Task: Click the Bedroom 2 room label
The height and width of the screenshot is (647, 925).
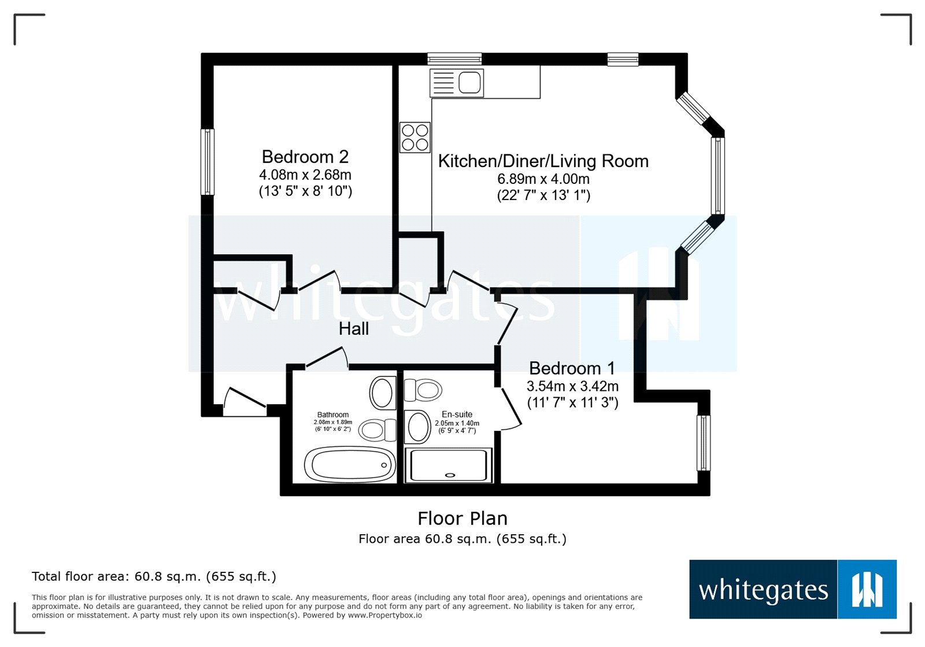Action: click(x=305, y=157)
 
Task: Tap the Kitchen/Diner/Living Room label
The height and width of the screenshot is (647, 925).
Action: click(x=543, y=161)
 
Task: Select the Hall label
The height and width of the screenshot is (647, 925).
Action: click(x=353, y=329)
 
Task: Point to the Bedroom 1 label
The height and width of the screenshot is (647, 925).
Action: click(x=572, y=368)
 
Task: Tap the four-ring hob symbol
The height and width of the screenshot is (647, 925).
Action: click(x=415, y=138)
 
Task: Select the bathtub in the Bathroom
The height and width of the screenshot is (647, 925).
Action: click(x=350, y=464)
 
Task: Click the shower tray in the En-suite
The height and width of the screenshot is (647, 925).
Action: click(x=449, y=465)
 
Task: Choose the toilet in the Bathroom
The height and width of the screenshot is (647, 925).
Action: click(x=377, y=430)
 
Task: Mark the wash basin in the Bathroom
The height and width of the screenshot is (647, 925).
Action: click(x=382, y=393)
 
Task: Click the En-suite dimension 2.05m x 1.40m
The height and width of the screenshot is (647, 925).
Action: click(x=457, y=423)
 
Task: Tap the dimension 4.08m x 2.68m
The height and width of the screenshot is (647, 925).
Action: click(x=305, y=175)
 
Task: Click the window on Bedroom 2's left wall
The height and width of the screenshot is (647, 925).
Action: click(x=208, y=162)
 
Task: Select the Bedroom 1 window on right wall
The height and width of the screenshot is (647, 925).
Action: click(x=703, y=443)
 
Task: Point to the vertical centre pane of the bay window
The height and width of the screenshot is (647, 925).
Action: click(x=717, y=176)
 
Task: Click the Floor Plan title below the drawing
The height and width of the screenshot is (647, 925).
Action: click(x=462, y=519)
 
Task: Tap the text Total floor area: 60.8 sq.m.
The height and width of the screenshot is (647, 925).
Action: click(x=154, y=576)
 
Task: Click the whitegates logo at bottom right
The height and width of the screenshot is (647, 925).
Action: click(x=792, y=589)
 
